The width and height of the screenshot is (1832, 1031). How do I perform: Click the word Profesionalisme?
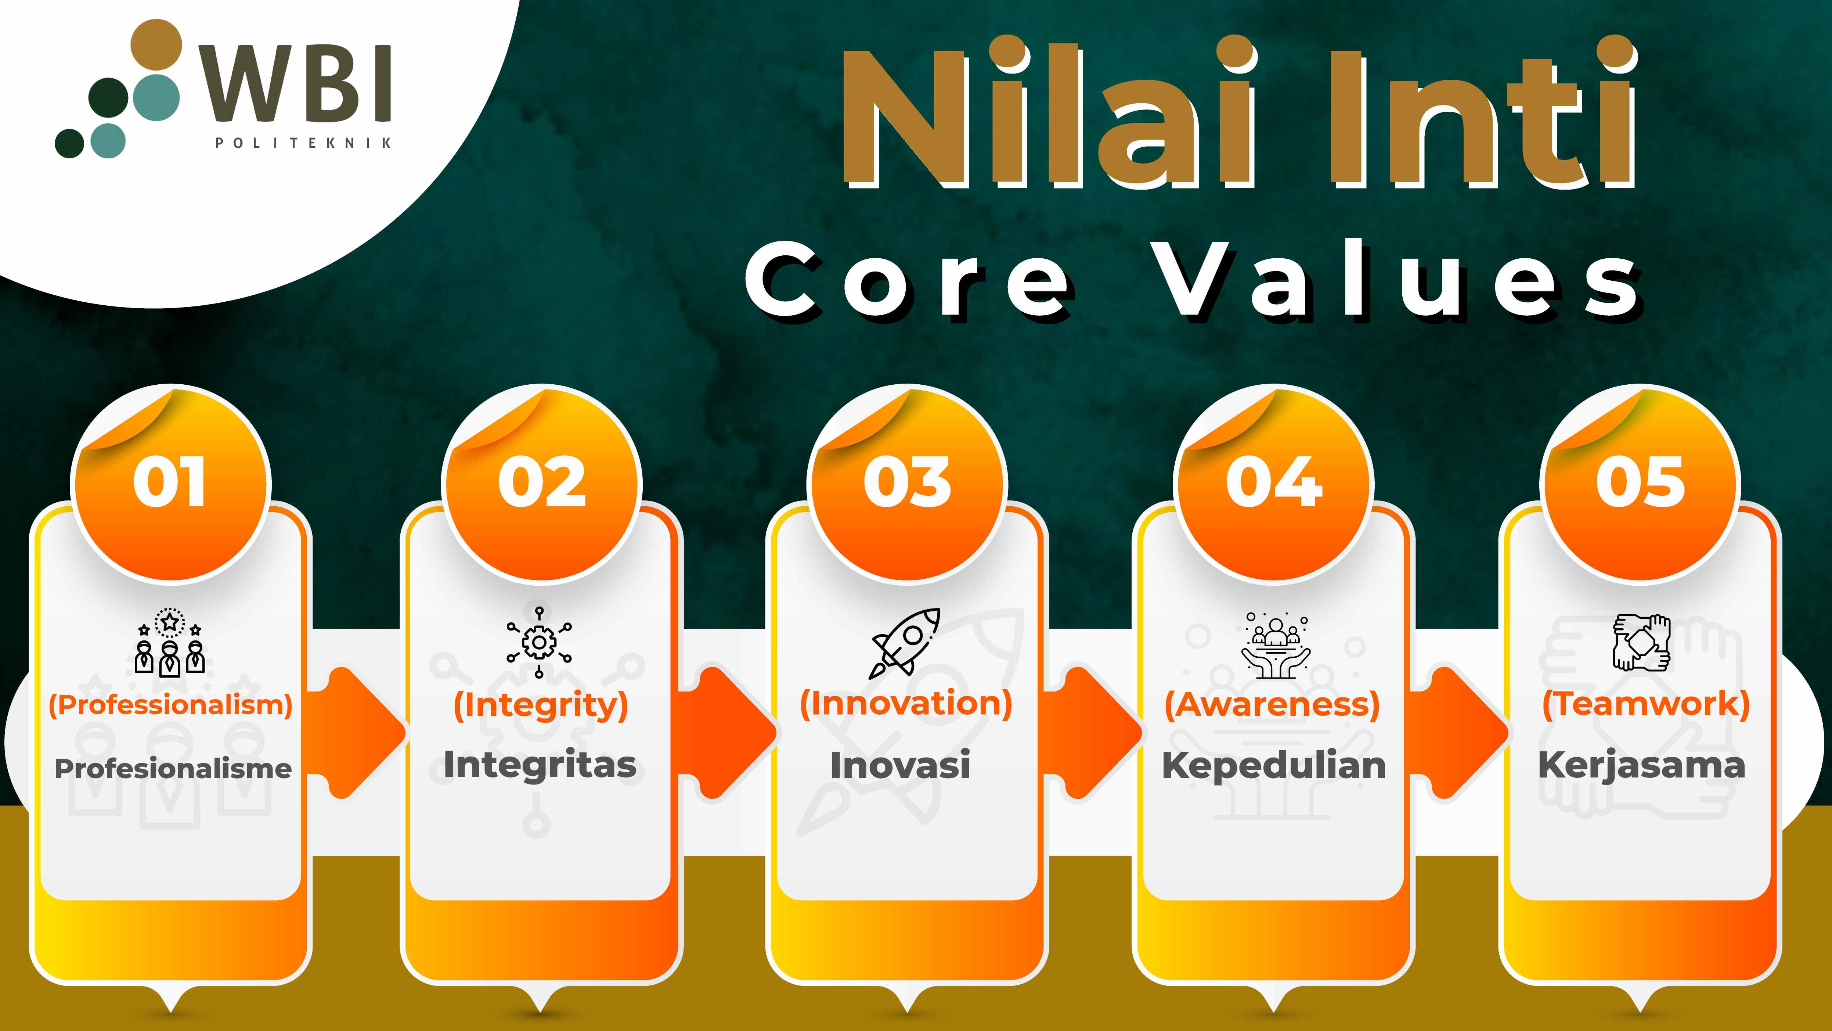173,768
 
